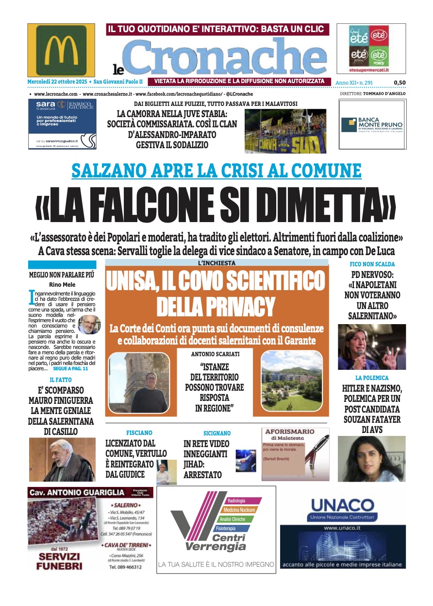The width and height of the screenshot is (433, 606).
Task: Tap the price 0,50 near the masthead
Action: coord(400,83)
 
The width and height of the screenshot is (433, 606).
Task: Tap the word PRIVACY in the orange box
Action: coord(216,306)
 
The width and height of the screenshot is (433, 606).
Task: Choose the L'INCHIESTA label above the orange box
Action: coord(216,263)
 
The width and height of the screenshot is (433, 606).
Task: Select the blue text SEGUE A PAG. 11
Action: coord(74,369)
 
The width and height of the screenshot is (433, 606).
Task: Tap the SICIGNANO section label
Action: coord(217,433)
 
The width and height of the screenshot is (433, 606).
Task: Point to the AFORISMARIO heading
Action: coord(289,432)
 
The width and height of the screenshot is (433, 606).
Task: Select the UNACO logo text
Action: coord(350,505)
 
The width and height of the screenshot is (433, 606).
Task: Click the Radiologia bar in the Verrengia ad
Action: coord(237,501)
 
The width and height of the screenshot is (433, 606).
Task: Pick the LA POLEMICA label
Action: coord(372,378)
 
